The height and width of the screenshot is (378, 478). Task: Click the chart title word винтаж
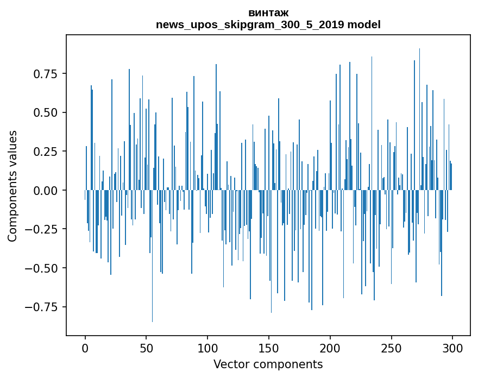coord(268,12)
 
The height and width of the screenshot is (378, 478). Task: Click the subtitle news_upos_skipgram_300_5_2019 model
coord(268,24)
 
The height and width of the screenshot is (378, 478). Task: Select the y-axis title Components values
coord(12,186)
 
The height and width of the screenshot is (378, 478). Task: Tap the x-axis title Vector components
coord(268,364)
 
